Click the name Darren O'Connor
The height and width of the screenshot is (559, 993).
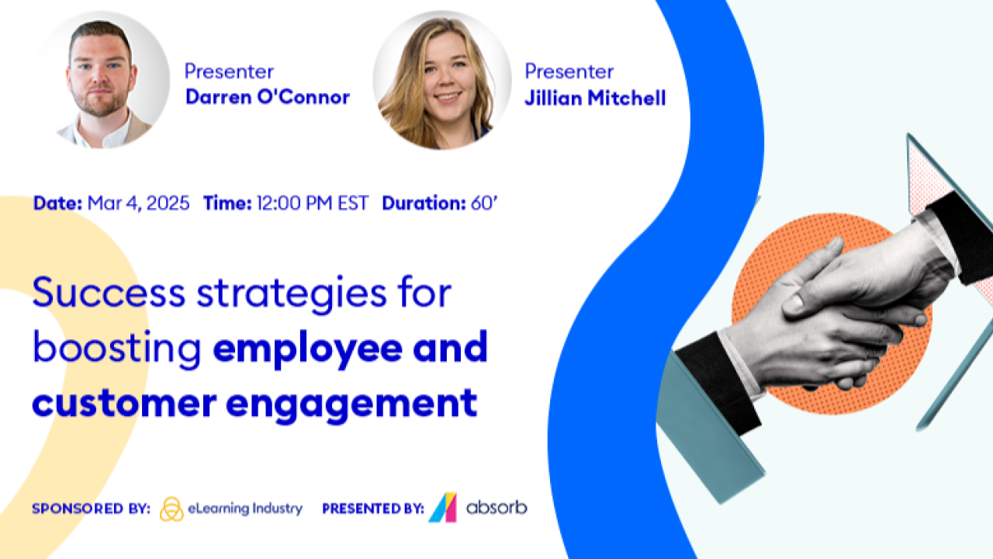pyautogui.click(x=267, y=98)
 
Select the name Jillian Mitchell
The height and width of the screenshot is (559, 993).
pyautogui.click(x=595, y=99)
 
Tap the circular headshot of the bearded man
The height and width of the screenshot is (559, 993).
pyautogui.click(x=102, y=80)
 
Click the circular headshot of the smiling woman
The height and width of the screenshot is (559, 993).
pyautogui.click(x=441, y=80)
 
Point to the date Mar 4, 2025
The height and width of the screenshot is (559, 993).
pyautogui.click(x=138, y=203)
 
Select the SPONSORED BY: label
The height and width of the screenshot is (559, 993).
pyautogui.click(x=91, y=509)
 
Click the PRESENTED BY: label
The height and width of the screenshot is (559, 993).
pyautogui.click(x=373, y=509)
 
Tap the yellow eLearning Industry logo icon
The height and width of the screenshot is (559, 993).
pyautogui.click(x=171, y=509)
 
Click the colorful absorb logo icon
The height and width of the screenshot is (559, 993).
pyautogui.click(x=442, y=508)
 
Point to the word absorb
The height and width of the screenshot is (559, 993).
pyautogui.click(x=496, y=509)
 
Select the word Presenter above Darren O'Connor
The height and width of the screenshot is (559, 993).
pyautogui.click(x=229, y=71)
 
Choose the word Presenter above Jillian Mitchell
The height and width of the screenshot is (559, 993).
pyautogui.click(x=569, y=71)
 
